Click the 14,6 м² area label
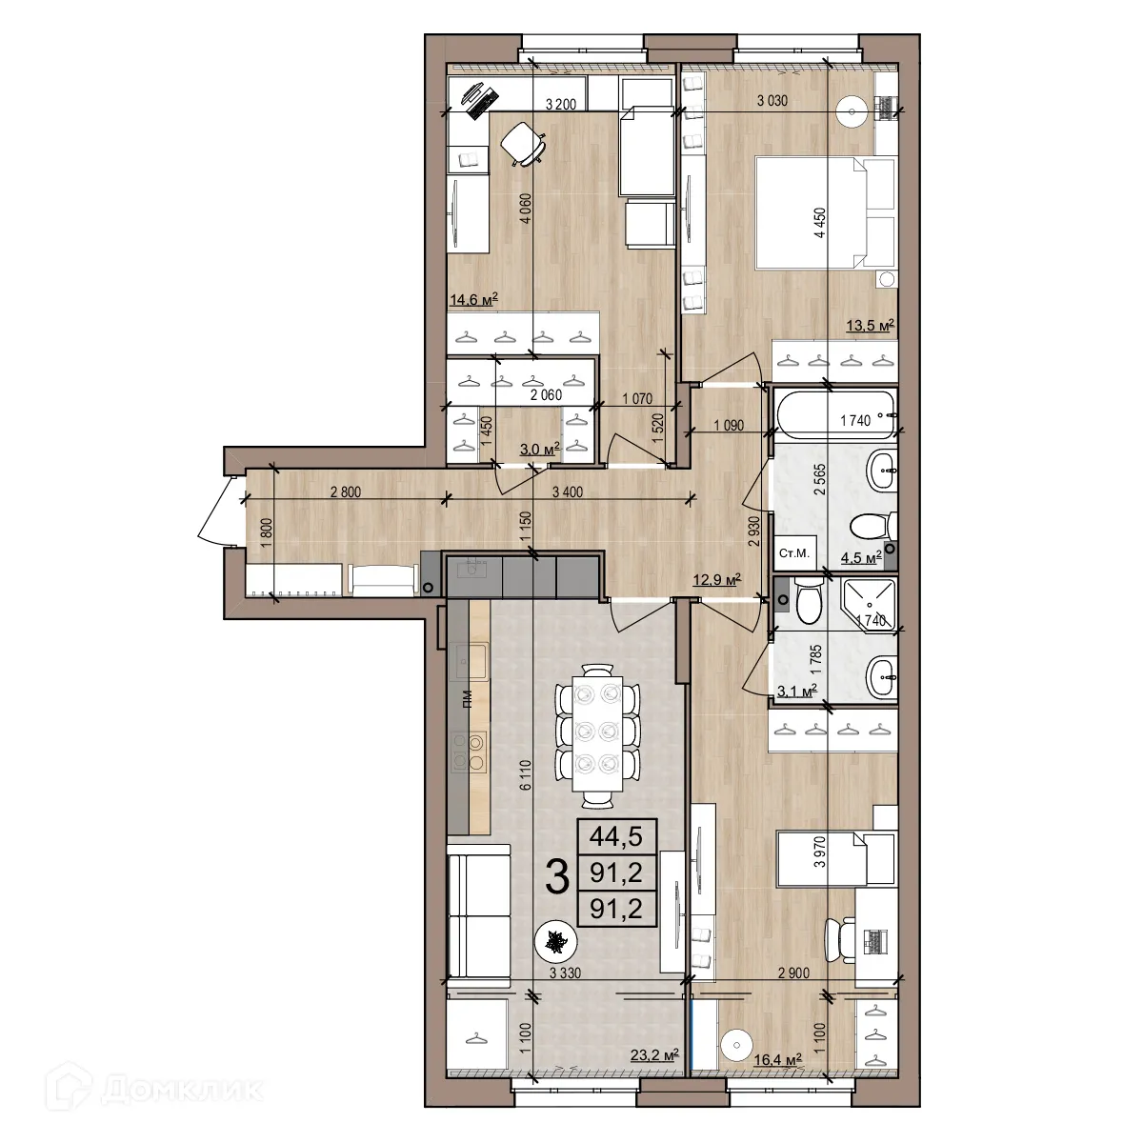[473, 301]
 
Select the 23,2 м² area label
[654, 1054]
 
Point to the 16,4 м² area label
[777, 1058]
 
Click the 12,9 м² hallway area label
[716, 577]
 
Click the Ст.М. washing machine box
[794, 553]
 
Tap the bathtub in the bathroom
[833, 415]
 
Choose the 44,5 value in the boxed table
[616, 836]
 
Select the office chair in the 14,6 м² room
[523, 144]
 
